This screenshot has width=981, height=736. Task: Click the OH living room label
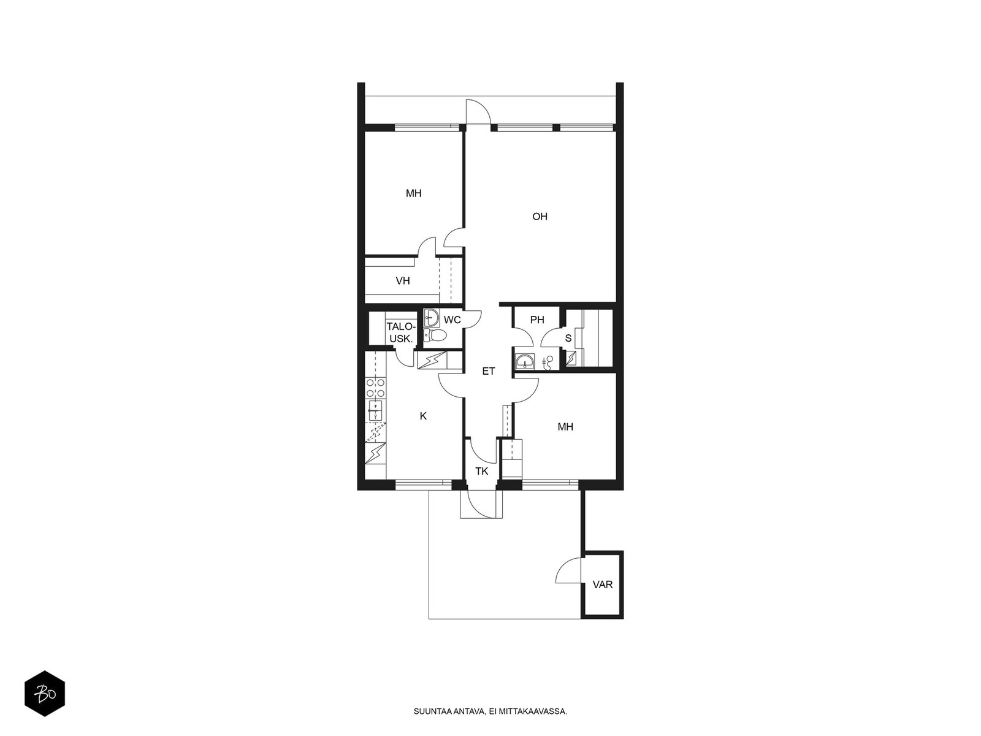[540, 217]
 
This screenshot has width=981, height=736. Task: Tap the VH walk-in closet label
[403, 281]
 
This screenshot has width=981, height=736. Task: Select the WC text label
[452, 320]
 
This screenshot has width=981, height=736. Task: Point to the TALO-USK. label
[401, 333]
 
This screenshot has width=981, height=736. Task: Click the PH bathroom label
[537, 320]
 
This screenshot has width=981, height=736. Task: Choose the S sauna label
[568, 339]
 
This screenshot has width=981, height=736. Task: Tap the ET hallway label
[489, 371]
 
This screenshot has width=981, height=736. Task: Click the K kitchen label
[423, 416]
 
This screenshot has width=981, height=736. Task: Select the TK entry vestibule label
[481, 471]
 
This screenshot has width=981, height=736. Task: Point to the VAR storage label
[603, 585]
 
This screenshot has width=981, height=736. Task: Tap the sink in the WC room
[431, 318]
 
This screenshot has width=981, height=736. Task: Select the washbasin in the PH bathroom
[525, 361]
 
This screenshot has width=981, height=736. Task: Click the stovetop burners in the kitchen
[375, 388]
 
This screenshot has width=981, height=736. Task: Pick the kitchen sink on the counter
[375, 411]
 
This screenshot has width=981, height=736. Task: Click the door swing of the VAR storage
[568, 570]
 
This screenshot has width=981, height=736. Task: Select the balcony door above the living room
[479, 112]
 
